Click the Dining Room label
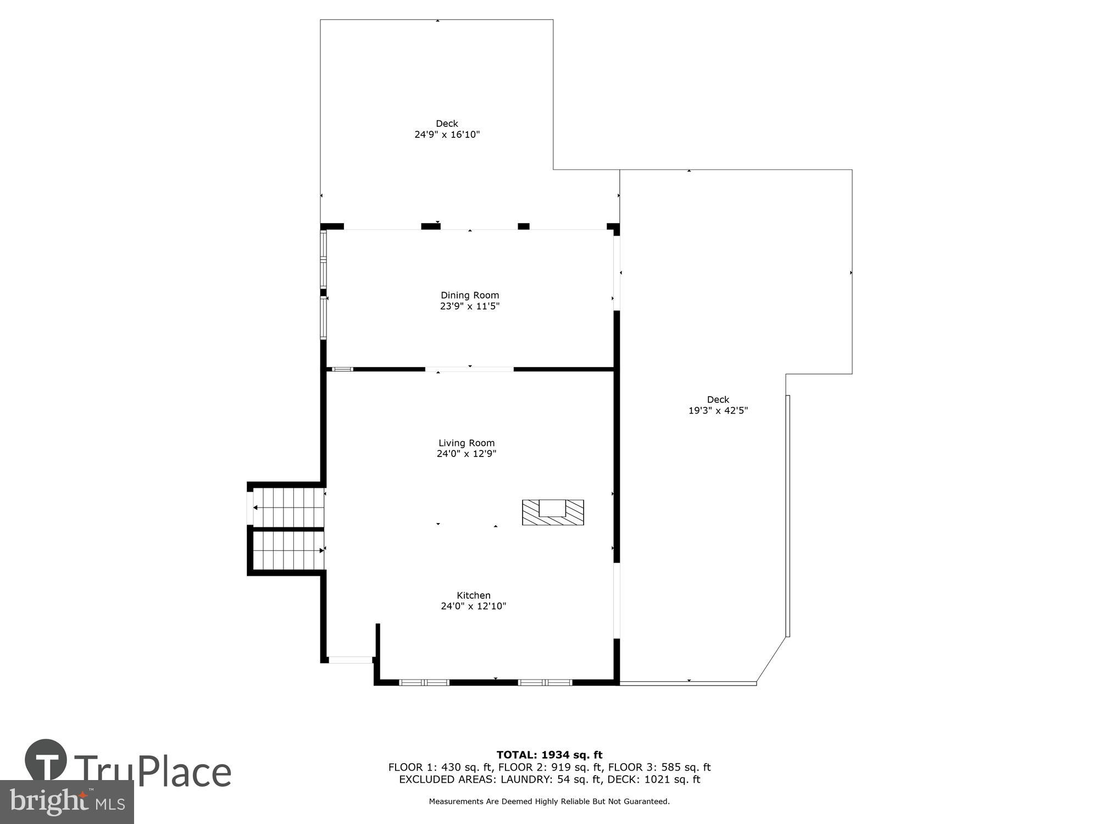470,296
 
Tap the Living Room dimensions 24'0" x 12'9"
467,454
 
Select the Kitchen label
473,595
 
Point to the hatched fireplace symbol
553,512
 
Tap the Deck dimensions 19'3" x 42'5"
718,410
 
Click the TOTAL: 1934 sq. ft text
549,755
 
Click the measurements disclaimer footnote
549,801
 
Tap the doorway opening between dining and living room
470,369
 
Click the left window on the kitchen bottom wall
424,682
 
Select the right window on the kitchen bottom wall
545,682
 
